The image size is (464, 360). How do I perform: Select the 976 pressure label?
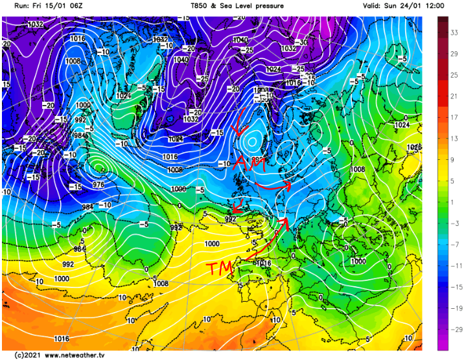pos(99,185)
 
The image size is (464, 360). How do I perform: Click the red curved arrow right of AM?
pos(272,185)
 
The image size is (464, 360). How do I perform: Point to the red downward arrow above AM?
pos(239,123)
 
